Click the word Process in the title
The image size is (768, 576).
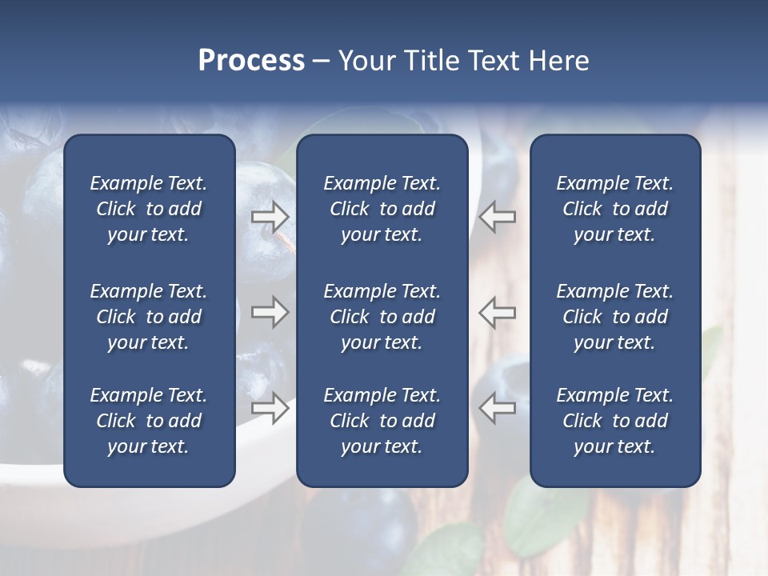pos(251,61)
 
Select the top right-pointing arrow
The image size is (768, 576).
pos(270,217)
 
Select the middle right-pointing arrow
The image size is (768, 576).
pos(270,312)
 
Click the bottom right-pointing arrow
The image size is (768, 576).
pos(270,408)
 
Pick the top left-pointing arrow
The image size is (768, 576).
pos(497,217)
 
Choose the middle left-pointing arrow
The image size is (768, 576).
pos(497,312)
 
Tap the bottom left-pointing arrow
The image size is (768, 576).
pos(497,408)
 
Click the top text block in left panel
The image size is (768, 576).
pos(149,209)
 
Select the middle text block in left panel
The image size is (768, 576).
pos(149,317)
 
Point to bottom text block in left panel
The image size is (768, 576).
pos(149,421)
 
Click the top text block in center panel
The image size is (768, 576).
pos(382,209)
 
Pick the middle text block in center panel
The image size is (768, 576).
pos(382,317)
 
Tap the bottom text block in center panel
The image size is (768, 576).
pos(382,421)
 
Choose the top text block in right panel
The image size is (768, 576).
pos(614,209)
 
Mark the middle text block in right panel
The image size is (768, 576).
pos(614,317)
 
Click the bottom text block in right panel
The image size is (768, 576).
pos(614,421)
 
